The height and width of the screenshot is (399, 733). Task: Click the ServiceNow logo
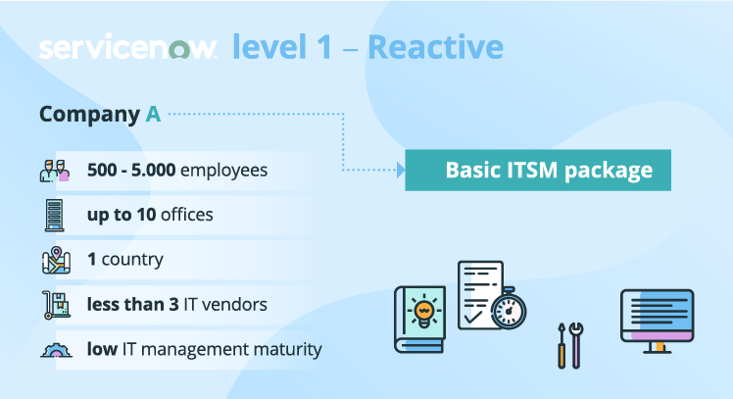(x=127, y=48)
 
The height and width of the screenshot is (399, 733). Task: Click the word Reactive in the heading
(x=442, y=46)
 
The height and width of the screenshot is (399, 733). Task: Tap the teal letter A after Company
(x=153, y=114)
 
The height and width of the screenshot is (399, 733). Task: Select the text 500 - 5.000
(x=131, y=171)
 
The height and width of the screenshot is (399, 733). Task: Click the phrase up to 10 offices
(x=150, y=215)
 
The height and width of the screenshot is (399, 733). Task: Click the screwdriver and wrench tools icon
(x=569, y=344)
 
